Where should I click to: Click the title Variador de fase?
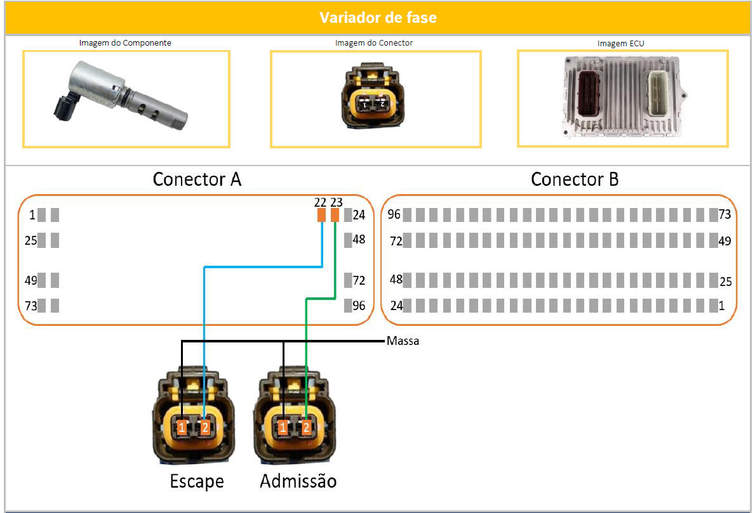click(378, 17)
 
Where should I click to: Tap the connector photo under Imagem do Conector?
click(375, 97)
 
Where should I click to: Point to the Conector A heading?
click(197, 180)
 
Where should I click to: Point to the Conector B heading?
click(575, 180)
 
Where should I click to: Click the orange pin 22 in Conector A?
click(321, 215)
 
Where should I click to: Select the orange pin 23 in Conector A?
click(335, 215)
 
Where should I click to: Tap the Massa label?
click(403, 341)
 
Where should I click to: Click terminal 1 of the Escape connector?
click(182, 428)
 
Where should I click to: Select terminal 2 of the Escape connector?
click(204, 428)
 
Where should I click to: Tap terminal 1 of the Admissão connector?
click(283, 428)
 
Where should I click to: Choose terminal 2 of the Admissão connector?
click(306, 428)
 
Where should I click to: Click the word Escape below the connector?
click(197, 481)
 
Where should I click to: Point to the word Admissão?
click(298, 481)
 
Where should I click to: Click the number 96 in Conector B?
click(394, 215)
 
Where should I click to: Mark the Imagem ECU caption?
click(621, 43)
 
